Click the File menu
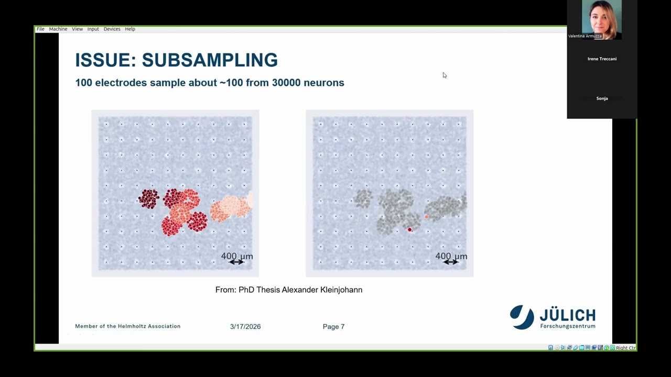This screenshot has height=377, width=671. point(40,29)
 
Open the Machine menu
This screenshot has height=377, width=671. point(58,29)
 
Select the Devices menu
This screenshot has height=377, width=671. point(112,29)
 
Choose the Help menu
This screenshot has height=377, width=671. point(130,29)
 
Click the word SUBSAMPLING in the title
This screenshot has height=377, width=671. point(210,60)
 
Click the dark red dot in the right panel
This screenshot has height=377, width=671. point(409,230)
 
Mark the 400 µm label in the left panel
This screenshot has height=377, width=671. point(237,256)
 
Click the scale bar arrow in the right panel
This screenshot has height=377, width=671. point(451,262)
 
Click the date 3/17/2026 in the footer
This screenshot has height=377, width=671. point(245,326)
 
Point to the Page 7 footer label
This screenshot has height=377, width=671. point(333,326)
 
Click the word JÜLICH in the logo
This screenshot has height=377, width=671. point(567,315)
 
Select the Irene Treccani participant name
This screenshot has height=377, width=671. point(602,59)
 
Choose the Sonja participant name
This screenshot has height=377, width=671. point(602,98)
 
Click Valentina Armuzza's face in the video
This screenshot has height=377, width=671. point(601,18)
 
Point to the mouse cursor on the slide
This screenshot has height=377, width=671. point(444,75)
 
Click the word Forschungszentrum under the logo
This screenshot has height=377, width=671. point(567,326)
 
